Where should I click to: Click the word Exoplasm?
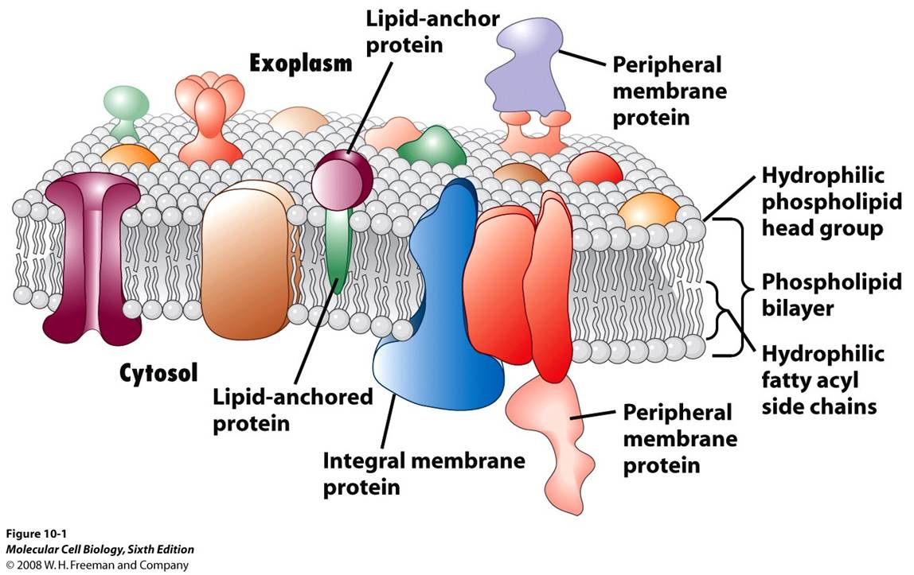point(301,63)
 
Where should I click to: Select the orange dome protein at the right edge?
point(649,209)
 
